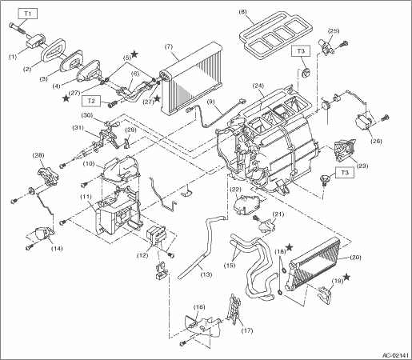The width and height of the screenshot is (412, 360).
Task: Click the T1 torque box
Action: [28, 14]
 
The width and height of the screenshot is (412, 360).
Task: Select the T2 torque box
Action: [91, 101]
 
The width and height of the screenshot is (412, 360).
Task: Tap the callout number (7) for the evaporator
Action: [169, 47]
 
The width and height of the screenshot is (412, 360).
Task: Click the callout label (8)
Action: [243, 12]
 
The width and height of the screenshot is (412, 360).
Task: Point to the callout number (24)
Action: [258, 86]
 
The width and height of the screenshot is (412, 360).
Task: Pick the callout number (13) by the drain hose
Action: [206, 274]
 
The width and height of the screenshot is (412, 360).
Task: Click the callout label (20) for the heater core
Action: [355, 258]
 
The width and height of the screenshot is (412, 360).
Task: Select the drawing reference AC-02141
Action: [395, 355]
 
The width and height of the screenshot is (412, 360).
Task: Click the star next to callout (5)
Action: [134, 54]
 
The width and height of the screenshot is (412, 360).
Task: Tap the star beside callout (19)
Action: [346, 278]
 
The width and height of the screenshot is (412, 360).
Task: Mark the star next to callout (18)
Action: [289, 248]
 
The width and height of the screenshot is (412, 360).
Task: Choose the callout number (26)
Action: [376, 141]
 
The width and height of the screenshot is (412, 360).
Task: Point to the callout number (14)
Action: [57, 249]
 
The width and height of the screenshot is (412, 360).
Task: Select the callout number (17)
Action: [246, 330]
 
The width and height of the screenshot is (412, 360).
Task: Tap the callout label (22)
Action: [236, 190]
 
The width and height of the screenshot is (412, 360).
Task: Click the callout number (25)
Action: [334, 31]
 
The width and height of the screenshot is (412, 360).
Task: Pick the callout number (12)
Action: [142, 255]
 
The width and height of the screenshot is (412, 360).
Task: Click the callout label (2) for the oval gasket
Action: [27, 70]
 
